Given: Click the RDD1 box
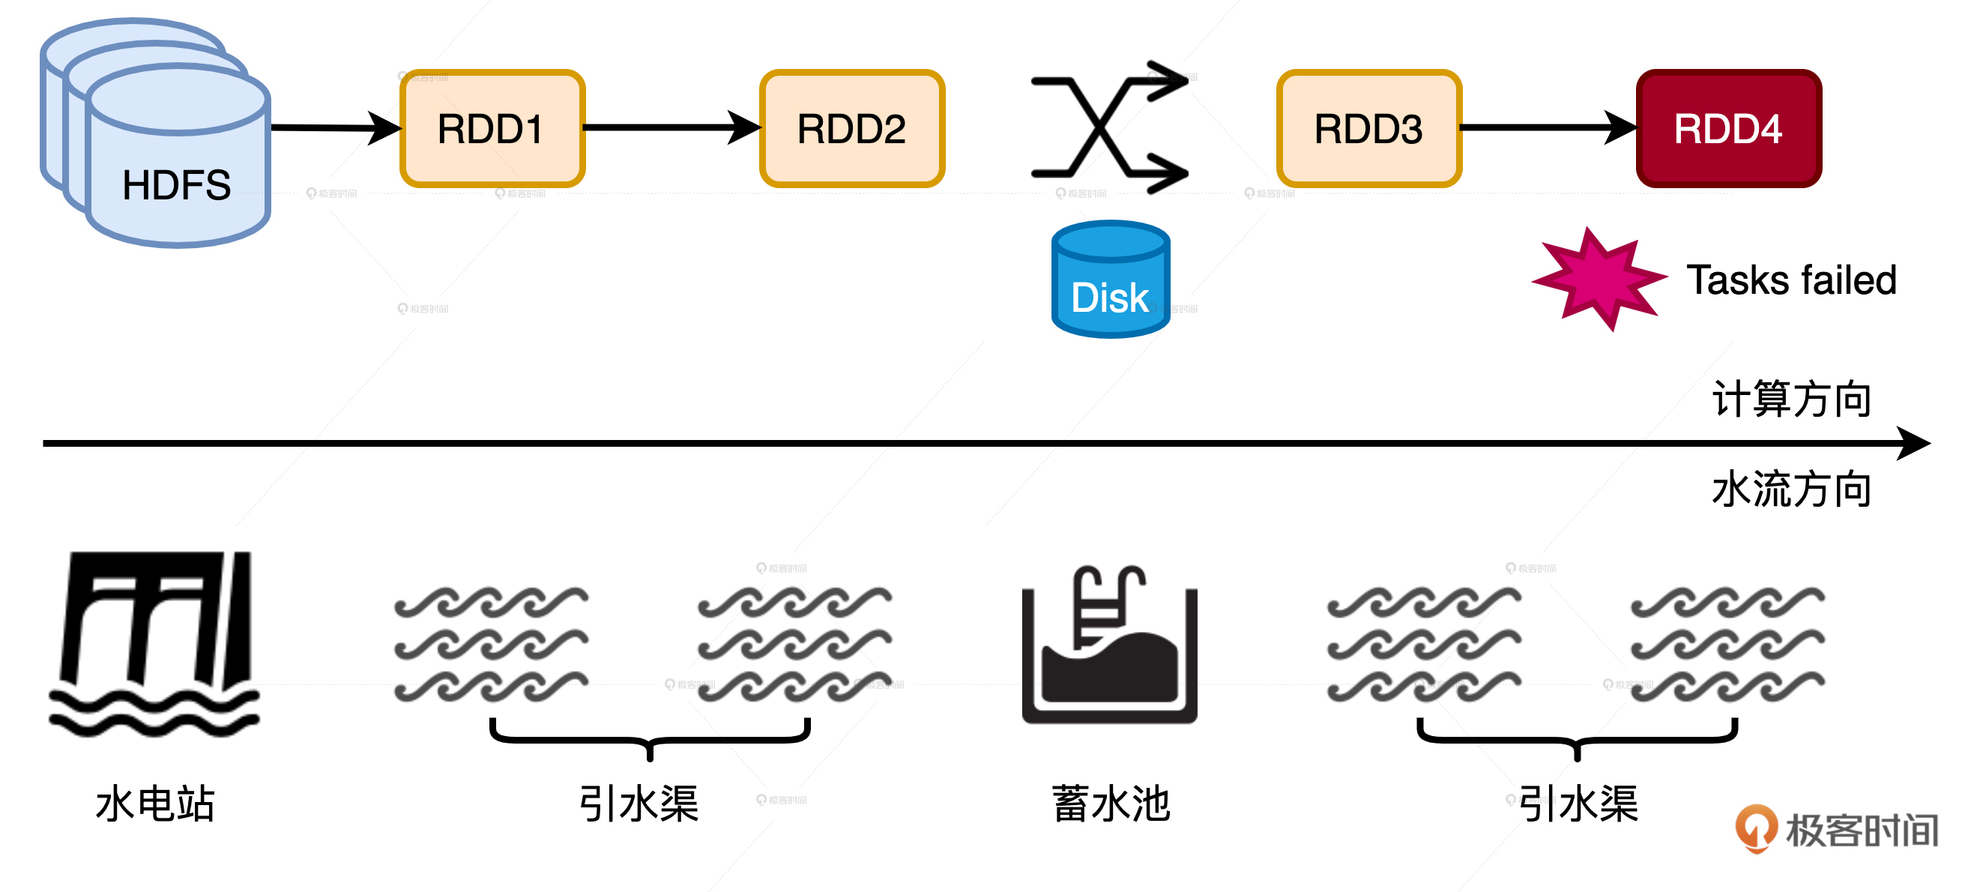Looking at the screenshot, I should [492, 128].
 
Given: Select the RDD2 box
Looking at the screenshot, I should [852, 128].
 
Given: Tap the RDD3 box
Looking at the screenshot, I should [1368, 128].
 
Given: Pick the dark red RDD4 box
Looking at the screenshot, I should [1728, 128].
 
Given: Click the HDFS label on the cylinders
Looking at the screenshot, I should [176, 185].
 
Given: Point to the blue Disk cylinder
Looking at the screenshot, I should [1110, 280].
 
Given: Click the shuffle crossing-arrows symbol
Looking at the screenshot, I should [1108, 127].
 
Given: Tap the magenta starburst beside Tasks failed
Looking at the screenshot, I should [1599, 279].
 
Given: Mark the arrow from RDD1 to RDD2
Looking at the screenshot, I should [671, 127].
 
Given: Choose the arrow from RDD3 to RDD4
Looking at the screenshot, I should [1548, 127].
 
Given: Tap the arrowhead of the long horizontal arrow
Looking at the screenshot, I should [1913, 443].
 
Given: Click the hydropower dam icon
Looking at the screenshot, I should [155, 644].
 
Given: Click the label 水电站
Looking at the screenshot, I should [155, 804].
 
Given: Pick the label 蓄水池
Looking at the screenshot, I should [1111, 804].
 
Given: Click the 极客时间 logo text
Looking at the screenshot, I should [1861, 831].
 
